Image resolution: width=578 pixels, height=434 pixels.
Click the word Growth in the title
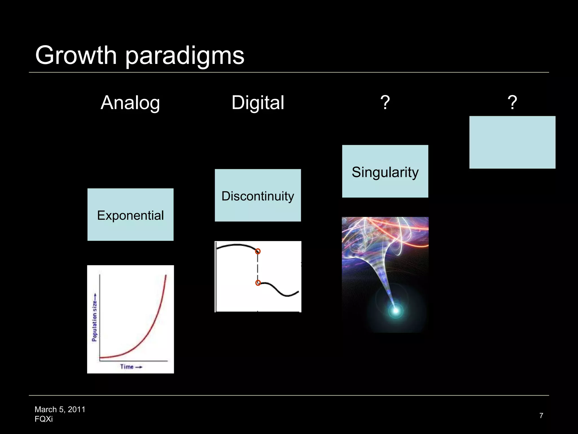(76, 55)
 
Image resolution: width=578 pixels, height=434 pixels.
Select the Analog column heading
(130, 103)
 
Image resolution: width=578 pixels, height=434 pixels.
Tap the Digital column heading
(258, 103)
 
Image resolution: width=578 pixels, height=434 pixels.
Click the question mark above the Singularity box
(385, 103)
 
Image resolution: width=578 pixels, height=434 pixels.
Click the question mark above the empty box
(512, 103)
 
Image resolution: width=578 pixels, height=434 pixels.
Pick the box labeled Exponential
(130, 215)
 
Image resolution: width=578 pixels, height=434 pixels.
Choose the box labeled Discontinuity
(258, 196)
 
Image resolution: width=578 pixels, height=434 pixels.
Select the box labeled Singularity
(385, 172)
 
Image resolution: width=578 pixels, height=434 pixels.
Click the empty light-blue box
(512, 142)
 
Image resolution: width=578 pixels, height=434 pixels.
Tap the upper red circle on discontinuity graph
(258, 251)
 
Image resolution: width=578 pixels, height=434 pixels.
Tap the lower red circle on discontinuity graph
(258, 283)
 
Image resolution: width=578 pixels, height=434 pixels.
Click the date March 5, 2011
(60, 409)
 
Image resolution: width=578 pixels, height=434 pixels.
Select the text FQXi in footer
(44, 419)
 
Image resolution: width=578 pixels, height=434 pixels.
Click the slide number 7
(541, 416)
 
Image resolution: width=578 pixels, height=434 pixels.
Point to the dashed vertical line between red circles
(257, 267)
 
